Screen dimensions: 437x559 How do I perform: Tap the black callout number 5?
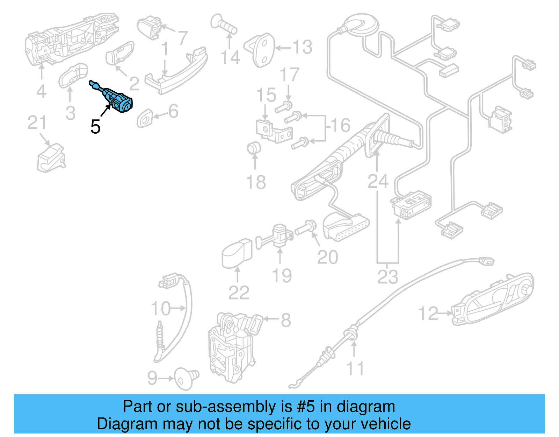coord(95,127)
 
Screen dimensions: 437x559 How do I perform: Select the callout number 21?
coord(37,123)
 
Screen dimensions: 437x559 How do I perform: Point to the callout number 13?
coord(302,47)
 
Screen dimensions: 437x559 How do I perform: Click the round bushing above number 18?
coord(254,148)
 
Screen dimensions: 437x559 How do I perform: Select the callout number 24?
coord(378,181)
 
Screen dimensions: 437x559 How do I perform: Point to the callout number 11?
coord(355,369)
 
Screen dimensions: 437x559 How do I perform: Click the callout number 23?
coord(387,277)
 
